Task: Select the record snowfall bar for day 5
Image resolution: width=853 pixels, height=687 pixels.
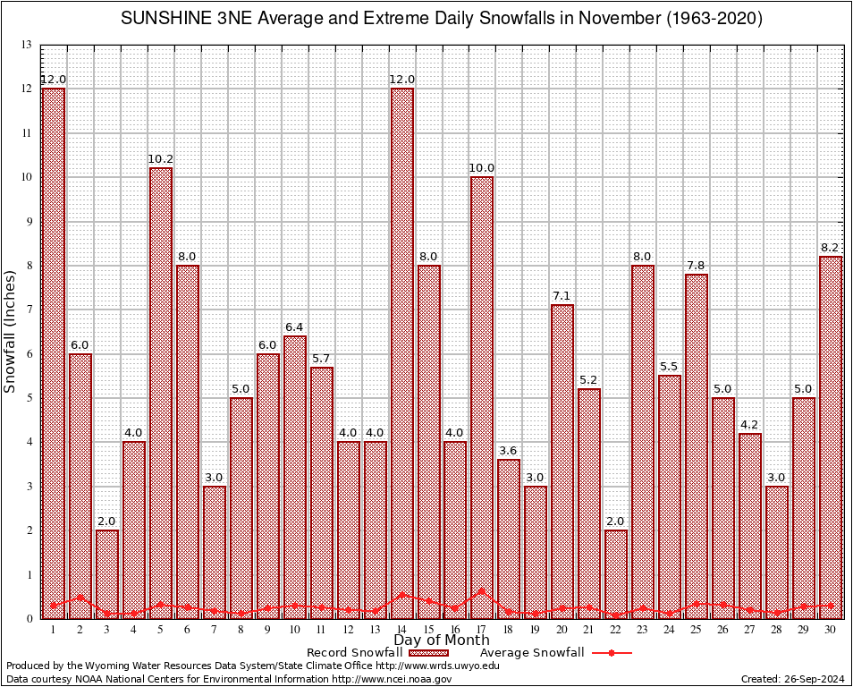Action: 161,394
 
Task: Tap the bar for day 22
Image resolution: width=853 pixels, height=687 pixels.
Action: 616,572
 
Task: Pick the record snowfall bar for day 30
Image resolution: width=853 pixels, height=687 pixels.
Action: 831,438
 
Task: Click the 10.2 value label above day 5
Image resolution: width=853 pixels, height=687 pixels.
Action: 161,160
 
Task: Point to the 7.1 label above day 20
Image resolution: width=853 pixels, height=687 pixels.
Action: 562,297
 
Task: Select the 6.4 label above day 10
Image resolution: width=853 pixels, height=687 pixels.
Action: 295,328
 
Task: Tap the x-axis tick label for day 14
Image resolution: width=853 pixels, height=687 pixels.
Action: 401,630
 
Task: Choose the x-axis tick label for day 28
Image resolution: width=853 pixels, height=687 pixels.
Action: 777,630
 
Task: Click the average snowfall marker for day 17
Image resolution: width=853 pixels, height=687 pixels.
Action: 482,591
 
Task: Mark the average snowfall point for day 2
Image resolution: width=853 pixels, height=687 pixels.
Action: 80,597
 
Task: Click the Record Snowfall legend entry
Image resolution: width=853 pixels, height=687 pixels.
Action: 358,653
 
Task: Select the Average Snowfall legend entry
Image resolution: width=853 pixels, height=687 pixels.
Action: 532,653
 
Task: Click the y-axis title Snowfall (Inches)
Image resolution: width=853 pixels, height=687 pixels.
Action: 11,331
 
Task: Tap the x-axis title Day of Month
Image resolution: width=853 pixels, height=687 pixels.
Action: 441,640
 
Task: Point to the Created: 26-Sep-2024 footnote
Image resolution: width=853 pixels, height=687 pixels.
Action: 792,679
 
